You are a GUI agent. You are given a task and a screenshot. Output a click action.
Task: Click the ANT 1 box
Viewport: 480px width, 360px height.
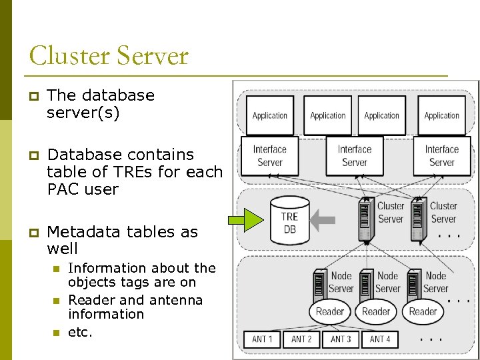coord(262,339)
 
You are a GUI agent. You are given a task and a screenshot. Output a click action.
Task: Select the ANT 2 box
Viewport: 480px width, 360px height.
coord(301,339)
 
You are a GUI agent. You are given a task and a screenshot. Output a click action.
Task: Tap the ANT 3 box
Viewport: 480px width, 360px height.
coord(341,339)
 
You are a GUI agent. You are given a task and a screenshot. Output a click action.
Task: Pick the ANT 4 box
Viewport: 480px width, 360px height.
coord(380,339)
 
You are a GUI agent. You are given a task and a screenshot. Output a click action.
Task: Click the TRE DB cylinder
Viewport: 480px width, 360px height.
coord(289,221)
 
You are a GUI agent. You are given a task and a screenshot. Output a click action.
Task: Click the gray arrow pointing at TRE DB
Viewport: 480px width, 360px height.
coord(326,217)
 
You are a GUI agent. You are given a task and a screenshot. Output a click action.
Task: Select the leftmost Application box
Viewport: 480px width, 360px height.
coord(270,115)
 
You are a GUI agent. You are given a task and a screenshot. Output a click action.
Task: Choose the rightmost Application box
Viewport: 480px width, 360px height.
coord(441,115)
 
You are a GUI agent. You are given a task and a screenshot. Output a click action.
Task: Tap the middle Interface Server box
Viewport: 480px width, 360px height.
coord(354,156)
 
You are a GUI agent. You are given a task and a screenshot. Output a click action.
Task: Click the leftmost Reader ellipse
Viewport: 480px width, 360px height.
coord(330,311)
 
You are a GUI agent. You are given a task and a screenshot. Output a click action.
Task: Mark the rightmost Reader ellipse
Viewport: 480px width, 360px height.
coord(423,311)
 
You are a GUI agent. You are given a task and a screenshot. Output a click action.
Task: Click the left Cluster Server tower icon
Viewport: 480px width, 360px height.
coord(365,219)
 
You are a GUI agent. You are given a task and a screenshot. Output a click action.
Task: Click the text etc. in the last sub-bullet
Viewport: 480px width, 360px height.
coord(80,331)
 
